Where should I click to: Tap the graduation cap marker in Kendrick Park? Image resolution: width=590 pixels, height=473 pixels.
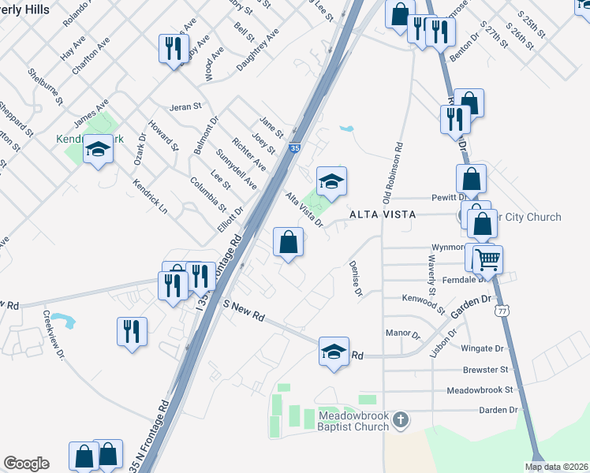click(98, 149)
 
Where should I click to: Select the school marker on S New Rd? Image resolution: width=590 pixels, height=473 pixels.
click(334, 352)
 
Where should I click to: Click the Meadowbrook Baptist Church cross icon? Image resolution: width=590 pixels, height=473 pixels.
click(401, 419)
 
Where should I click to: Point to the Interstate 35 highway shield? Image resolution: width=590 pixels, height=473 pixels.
click(294, 147)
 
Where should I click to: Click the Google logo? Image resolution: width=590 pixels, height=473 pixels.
click(27, 464)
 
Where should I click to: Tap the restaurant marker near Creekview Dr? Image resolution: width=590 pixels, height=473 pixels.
click(132, 330)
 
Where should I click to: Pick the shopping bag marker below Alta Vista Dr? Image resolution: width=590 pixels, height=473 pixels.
click(289, 243)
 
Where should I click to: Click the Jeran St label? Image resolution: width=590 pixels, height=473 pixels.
click(186, 106)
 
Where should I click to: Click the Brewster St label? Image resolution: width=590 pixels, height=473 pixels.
click(487, 369)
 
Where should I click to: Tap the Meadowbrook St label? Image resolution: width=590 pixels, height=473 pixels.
click(480, 389)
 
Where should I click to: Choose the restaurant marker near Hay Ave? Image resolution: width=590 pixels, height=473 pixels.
click(173, 49)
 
